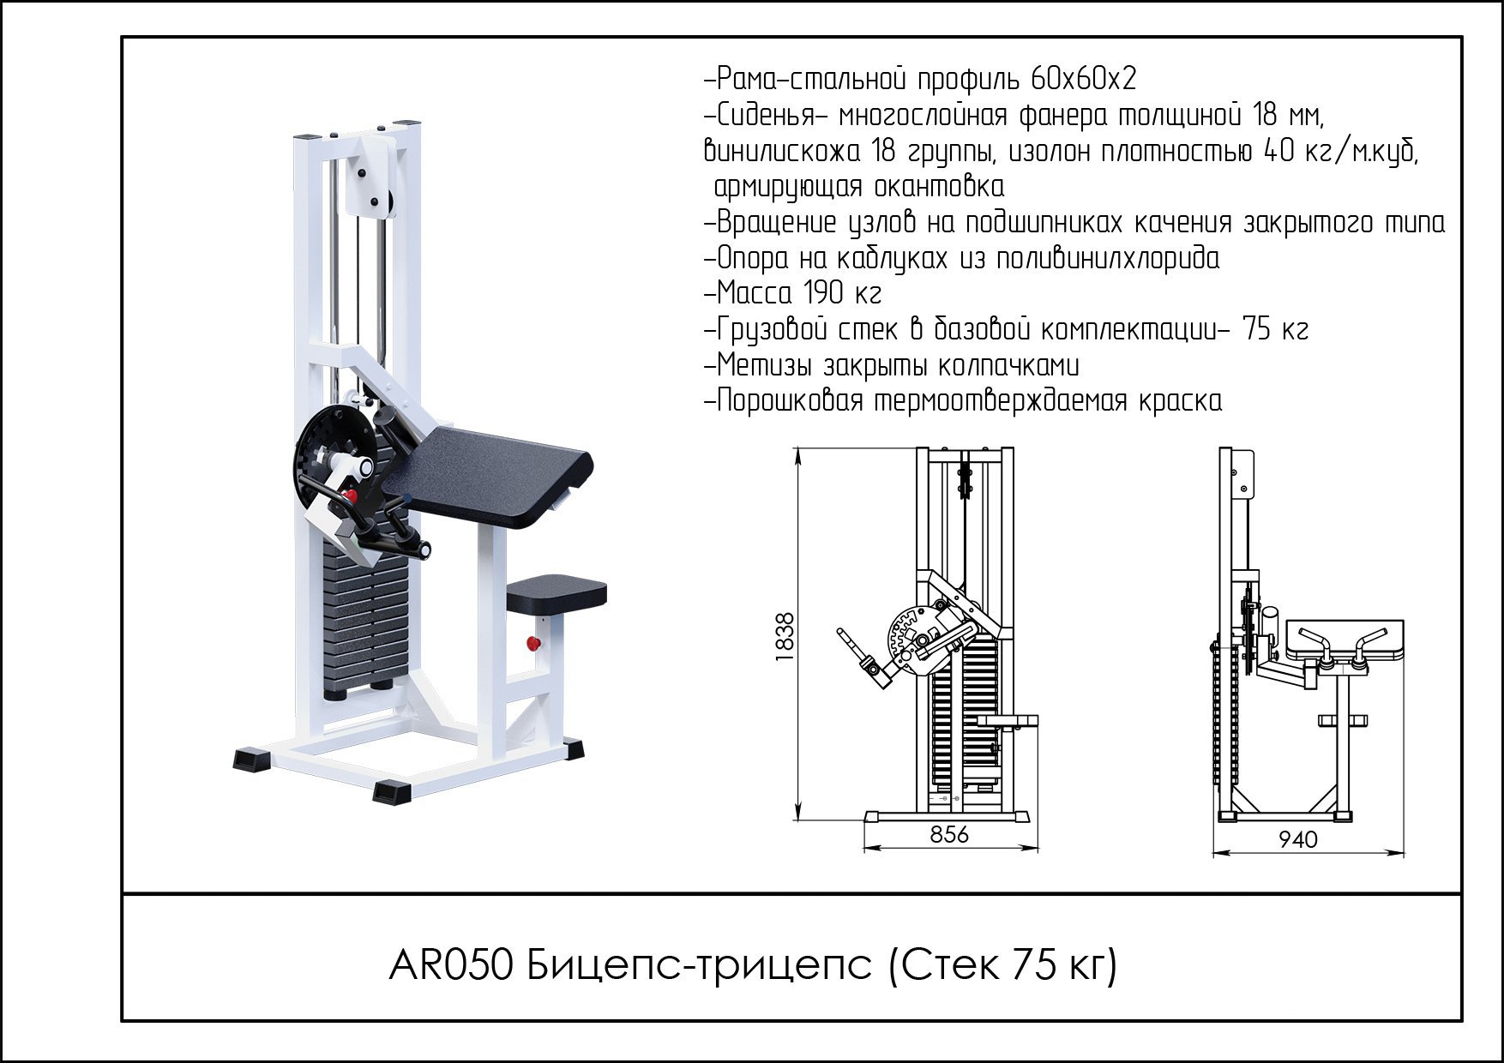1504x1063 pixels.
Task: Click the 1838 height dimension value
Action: [x=785, y=635]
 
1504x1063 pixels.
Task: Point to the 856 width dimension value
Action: [x=948, y=834]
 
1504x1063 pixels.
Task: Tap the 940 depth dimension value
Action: [x=1297, y=839]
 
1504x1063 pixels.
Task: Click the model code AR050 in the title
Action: [x=451, y=966]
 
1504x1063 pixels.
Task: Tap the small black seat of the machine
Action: [x=556, y=592]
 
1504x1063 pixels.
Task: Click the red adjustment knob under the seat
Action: [x=532, y=643]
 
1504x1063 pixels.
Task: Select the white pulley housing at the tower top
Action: [x=370, y=171]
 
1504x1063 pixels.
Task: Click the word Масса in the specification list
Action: [x=754, y=294]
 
